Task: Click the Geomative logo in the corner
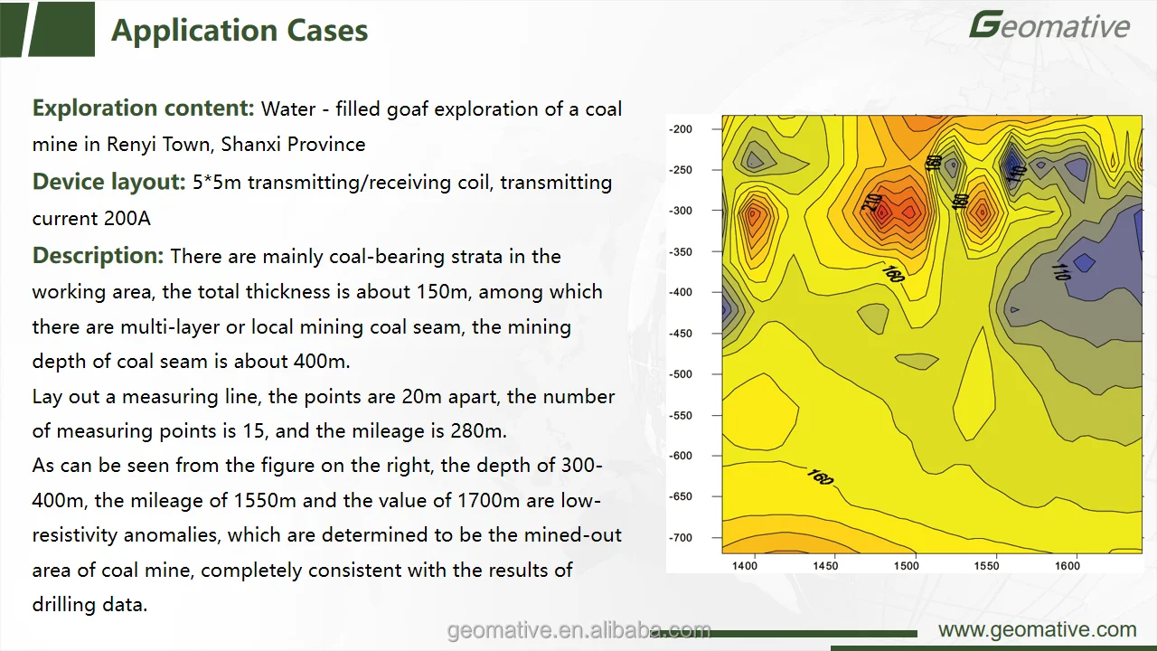coord(1049,25)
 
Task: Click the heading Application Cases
coord(240,31)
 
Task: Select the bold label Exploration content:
coord(144,108)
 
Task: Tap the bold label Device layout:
coord(109,182)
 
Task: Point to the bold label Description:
coord(98,256)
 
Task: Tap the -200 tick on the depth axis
coord(681,129)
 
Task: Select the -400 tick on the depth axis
coord(681,292)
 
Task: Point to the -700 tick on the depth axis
coord(681,538)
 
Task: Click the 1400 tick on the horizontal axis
coord(744,566)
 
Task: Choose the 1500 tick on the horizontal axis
coord(906,566)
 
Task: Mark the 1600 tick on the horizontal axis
coord(1068,566)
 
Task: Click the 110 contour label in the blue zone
coord(1060,269)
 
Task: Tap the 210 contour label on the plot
coord(871,203)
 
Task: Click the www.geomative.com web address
coord(1037,630)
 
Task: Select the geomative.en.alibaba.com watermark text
coord(578,630)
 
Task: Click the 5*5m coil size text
coord(217,183)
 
